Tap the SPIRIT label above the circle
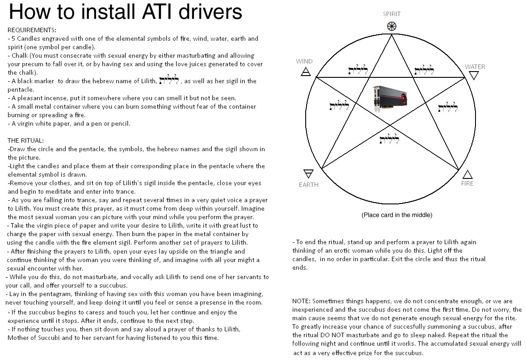[x=391, y=14]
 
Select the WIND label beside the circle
[x=304, y=61]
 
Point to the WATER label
[x=475, y=67]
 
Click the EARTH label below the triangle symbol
[x=308, y=185]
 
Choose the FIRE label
[x=467, y=183]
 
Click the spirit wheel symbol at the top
[x=391, y=26]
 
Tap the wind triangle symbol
[x=306, y=72]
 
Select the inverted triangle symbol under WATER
[x=474, y=76]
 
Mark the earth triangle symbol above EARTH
[x=308, y=174]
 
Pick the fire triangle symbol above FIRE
[x=467, y=174]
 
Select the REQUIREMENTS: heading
[x=32, y=30]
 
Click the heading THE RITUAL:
[x=25, y=140]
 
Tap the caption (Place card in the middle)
[x=397, y=215]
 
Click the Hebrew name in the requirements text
[x=169, y=80]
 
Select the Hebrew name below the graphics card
[x=389, y=138]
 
